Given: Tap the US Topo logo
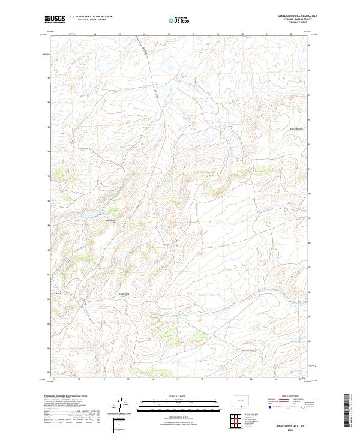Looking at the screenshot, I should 177,20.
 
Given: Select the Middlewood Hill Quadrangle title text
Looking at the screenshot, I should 288,16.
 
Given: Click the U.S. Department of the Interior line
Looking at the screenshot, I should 91,17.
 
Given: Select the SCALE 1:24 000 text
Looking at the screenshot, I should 170,396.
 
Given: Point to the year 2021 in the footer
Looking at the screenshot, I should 292,429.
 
